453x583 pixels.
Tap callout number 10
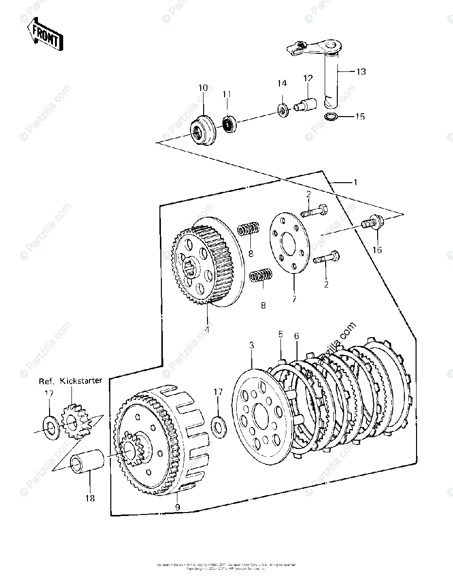pos(203,88)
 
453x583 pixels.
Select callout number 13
pos(361,72)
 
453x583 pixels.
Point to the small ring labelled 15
pos(331,117)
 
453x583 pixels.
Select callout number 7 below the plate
pos(294,299)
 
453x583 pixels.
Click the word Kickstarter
pos(81,380)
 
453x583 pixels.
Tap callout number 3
pos(251,345)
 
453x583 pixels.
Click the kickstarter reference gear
pos(75,420)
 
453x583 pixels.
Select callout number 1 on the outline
pos(355,183)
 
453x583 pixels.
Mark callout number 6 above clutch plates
pos(296,336)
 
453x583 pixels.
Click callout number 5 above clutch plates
pos(280,334)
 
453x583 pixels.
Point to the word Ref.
pos(47,381)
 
